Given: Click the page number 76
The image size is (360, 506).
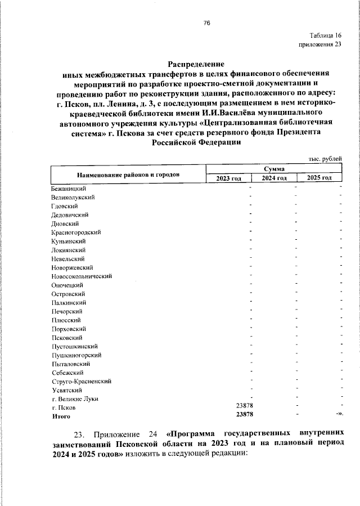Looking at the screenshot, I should coord(206,23).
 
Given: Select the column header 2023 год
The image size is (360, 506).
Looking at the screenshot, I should coord(228,178).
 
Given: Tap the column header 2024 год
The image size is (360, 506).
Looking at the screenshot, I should coord(273,178).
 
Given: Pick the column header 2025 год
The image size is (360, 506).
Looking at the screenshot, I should coord(319,178).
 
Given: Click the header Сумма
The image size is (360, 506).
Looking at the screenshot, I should coord(273,169).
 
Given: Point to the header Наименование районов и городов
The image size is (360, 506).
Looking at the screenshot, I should coord(128,174).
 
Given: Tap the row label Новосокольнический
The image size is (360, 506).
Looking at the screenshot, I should coord(82,276).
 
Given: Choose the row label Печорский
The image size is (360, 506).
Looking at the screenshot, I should coord(67,311).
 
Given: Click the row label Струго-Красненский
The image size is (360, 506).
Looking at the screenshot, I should coord(81,381).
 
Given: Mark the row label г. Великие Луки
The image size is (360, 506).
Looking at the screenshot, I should coord(75,398).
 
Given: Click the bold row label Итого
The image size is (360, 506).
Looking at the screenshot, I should coord(61,417).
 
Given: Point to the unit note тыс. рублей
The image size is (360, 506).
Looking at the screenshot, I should coord(325,159).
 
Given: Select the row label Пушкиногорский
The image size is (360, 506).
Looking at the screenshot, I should coord(76,355).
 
